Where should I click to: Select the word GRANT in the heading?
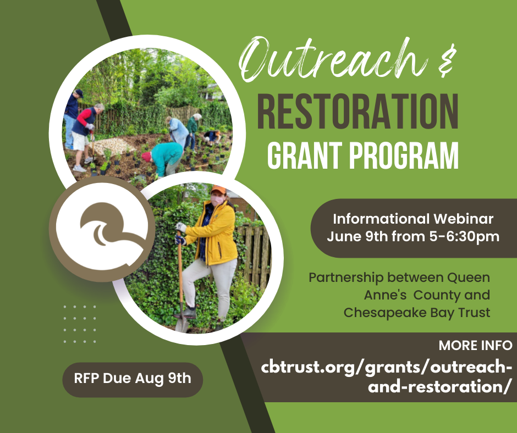click(306, 155)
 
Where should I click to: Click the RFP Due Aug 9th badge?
click(133, 379)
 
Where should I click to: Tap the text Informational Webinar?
click(413, 219)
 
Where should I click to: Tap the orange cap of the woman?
click(218, 190)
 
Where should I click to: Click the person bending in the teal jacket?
click(166, 157)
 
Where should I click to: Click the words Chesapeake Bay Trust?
click(416, 312)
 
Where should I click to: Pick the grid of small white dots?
click(80, 324)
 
